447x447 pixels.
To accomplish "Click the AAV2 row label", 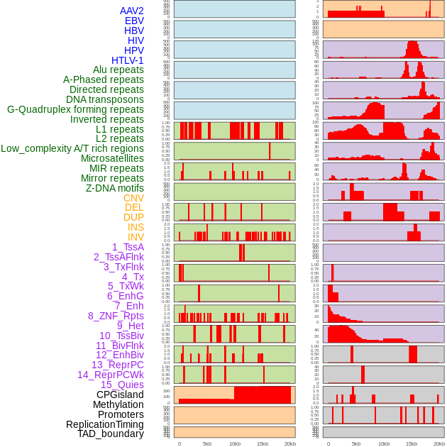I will tap(131, 11).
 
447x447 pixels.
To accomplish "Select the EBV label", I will tap(134, 21).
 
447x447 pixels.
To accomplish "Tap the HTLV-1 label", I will tap(127, 60).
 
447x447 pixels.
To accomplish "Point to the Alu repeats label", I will tap(118, 70).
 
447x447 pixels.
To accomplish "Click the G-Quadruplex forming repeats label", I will tap(75, 109).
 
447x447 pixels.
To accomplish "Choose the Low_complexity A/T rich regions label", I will tap(72, 148).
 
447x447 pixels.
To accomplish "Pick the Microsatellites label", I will tap(112, 158).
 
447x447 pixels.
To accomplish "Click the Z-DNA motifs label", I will tap(114, 188).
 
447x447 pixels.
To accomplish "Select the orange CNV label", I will tap(133, 198).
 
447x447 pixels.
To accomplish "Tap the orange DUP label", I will tap(133, 217).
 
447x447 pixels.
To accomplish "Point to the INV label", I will tap(136, 237).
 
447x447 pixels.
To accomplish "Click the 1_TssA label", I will tap(128, 247).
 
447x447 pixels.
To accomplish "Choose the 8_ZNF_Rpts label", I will tap(116, 316).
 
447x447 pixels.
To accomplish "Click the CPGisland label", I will tap(120, 394).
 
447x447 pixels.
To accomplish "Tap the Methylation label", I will tap(117, 404).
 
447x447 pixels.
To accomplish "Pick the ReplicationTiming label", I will tap(105, 424).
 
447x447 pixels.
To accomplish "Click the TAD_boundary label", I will tap(110, 434).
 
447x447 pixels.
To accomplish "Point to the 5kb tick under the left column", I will tap(207, 443).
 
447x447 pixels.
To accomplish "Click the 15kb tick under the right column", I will tap(412, 443).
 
